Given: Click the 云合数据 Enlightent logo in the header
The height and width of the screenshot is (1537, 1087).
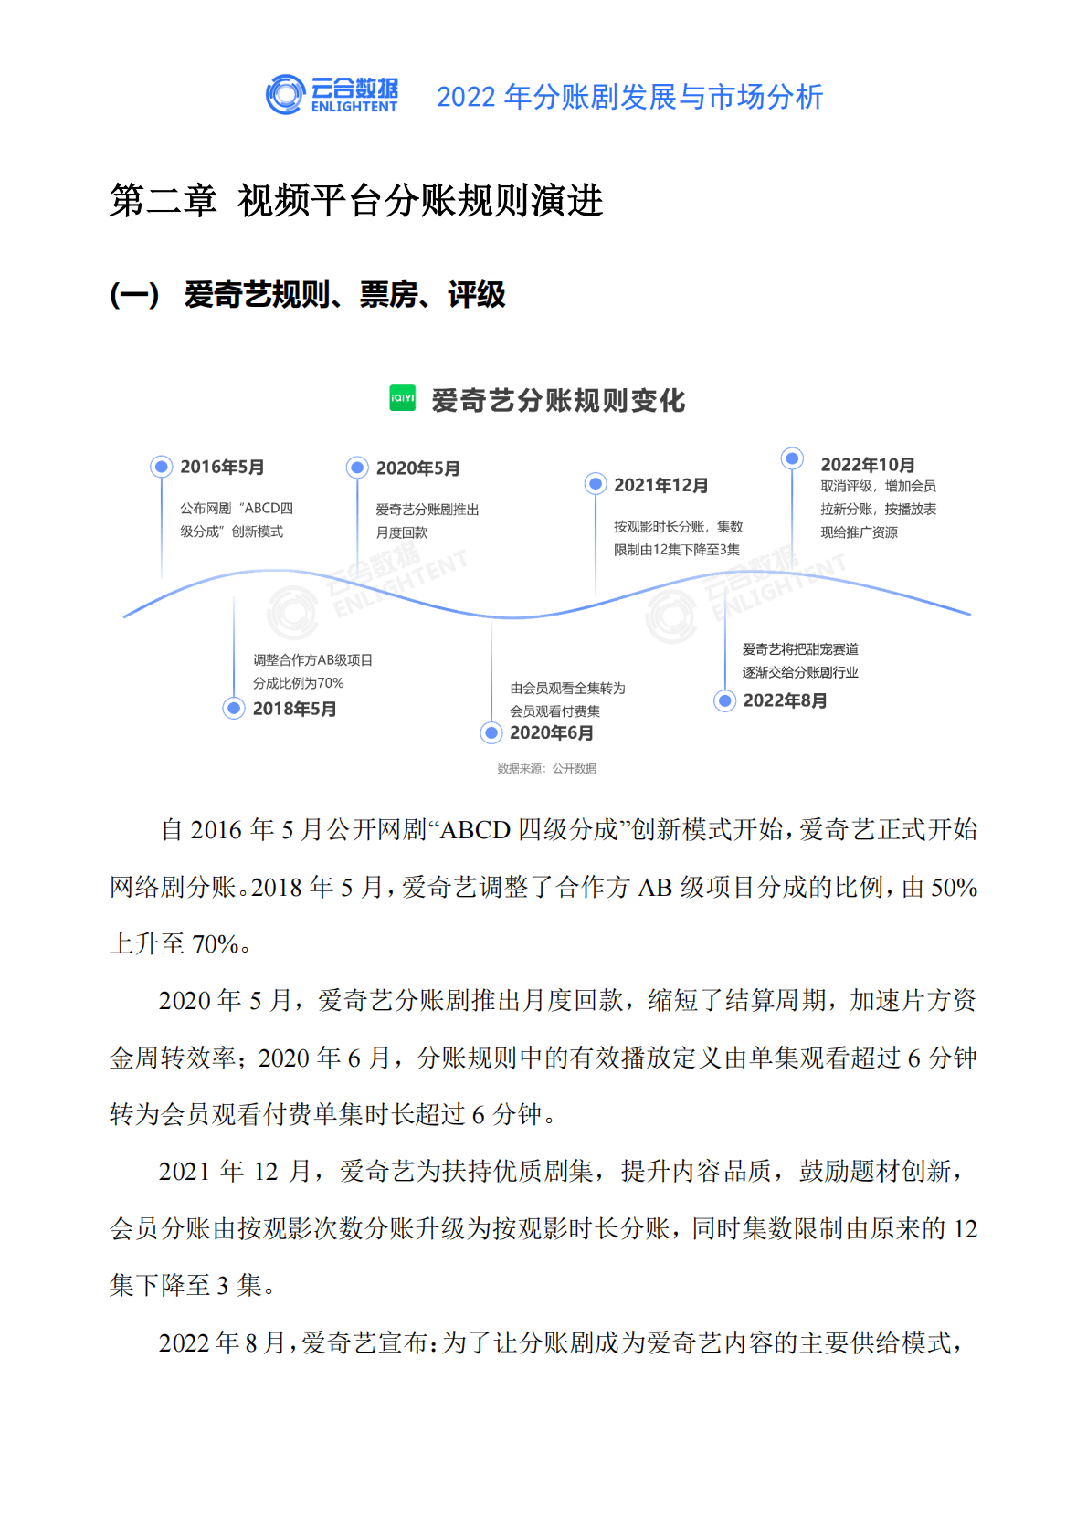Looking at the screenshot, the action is click(332, 95).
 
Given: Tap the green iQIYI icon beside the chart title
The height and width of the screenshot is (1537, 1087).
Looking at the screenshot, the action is click(402, 398).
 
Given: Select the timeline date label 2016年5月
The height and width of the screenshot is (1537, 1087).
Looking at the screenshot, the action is click(222, 468).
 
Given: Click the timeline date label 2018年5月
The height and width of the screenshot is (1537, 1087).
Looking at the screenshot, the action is click(294, 709).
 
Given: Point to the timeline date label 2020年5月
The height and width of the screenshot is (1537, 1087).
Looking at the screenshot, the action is click(417, 468).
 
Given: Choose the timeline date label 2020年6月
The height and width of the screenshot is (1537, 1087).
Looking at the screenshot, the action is click(551, 732).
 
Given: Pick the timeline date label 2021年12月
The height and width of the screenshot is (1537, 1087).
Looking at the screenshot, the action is click(660, 485).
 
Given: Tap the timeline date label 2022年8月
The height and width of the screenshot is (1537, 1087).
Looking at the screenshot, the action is click(785, 700).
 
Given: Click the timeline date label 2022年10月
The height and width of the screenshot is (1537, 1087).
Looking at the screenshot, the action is click(867, 465).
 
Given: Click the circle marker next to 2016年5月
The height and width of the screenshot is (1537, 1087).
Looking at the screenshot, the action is click(162, 467).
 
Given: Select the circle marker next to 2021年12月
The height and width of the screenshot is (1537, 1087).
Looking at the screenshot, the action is click(596, 484).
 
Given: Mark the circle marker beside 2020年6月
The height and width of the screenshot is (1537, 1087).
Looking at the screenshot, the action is click(491, 732).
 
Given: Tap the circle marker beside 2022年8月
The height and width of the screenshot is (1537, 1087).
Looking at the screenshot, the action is click(725, 700).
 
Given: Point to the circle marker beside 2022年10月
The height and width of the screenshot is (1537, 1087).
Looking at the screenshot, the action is click(792, 458).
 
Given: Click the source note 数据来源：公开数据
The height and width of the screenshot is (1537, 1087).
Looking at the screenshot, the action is click(546, 769).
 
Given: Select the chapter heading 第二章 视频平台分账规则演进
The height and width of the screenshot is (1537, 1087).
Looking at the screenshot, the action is click(356, 201).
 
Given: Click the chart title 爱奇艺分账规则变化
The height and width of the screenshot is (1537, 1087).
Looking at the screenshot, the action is click(558, 400).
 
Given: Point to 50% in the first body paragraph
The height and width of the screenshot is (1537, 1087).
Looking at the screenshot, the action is click(954, 888).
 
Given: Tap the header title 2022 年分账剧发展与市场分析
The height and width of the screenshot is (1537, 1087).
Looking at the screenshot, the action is click(629, 97).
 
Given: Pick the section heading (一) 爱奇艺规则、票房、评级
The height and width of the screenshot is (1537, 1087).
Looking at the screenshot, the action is click(308, 295).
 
